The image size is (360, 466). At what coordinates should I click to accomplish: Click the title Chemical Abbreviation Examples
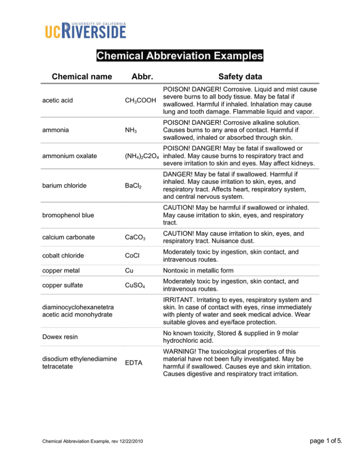[180, 56]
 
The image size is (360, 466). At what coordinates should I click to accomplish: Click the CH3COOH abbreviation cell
[141, 100]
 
